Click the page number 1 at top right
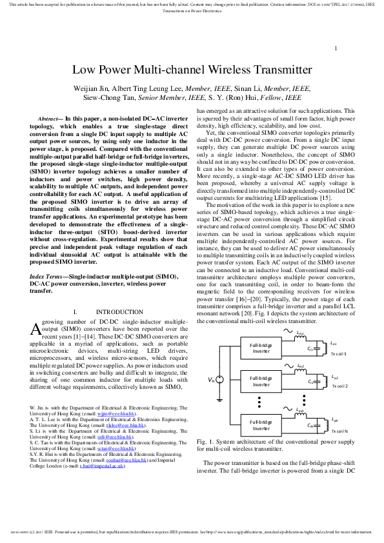[x=336, y=48]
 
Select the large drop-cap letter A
[x=36, y=328]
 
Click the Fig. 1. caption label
[x=204, y=442]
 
